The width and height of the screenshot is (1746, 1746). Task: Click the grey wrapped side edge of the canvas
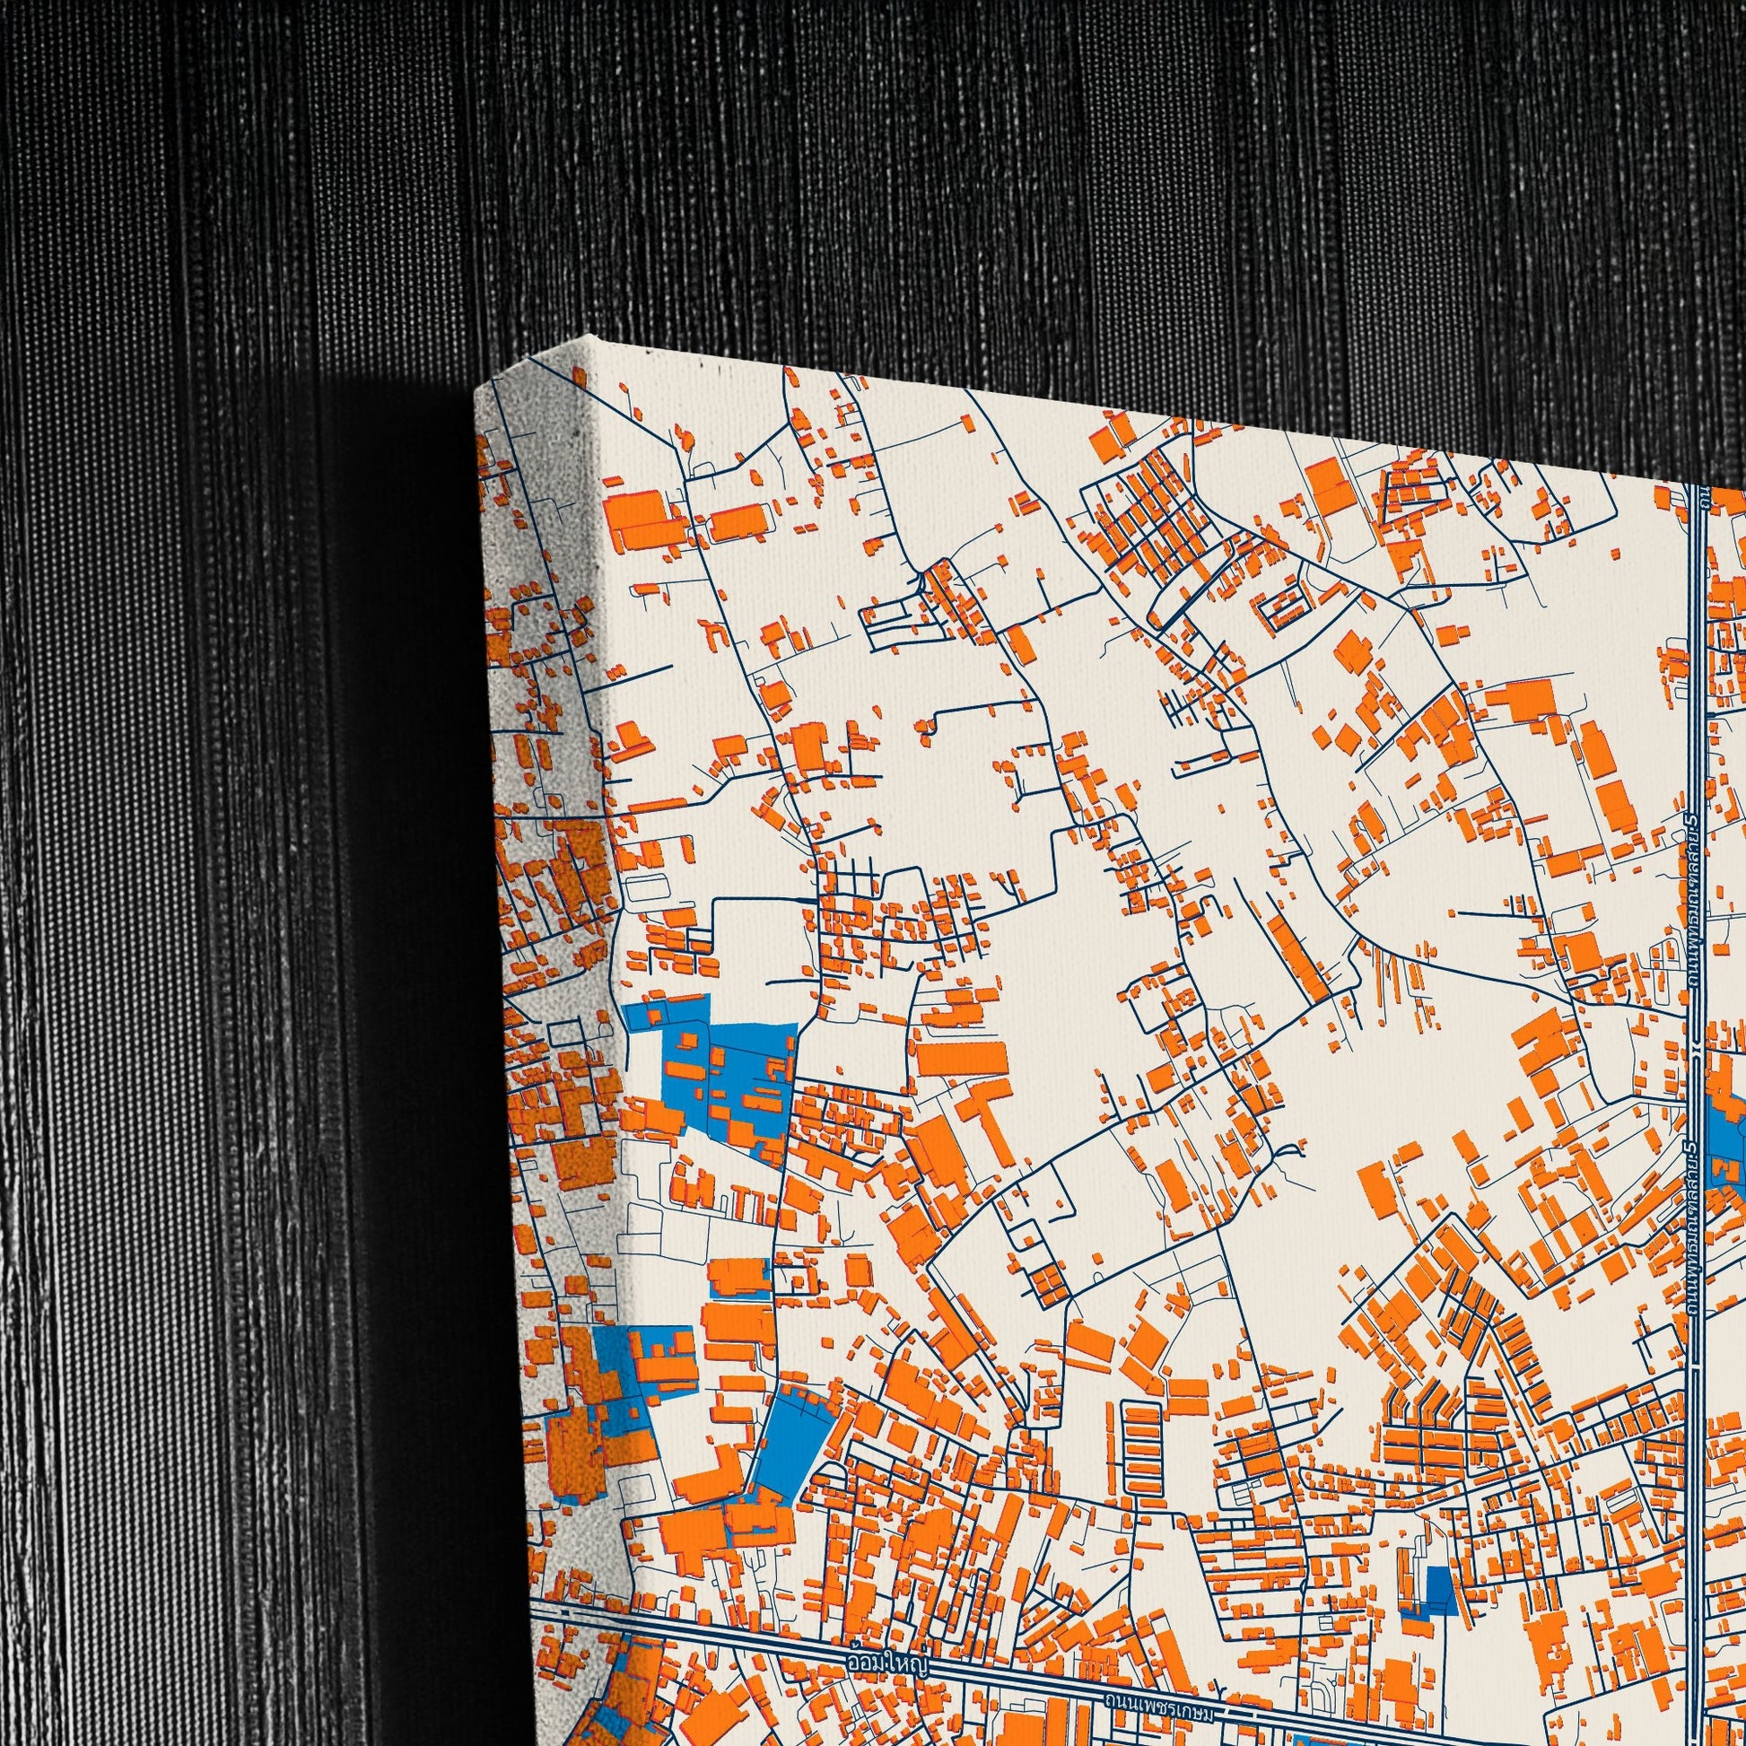pos(551,814)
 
